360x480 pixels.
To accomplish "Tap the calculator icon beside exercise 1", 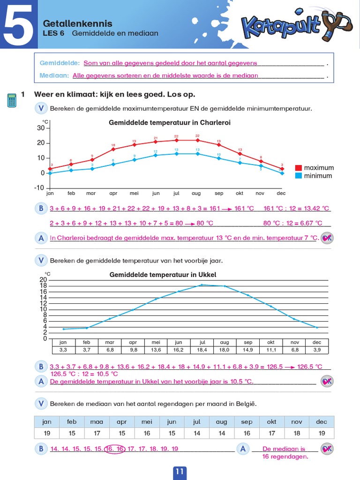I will click(12, 100).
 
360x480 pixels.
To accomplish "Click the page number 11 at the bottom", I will click(180, 472).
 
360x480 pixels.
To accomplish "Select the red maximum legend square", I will click(298, 168).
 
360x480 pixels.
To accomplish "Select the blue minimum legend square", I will click(298, 176).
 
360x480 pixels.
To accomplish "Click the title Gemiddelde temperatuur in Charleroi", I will click(169, 123).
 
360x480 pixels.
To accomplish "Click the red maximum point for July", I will click(176, 140).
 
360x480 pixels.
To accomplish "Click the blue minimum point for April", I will click(113, 164).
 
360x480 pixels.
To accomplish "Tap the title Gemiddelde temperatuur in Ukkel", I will click(163, 275).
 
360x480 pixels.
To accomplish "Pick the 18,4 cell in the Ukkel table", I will click(202, 350).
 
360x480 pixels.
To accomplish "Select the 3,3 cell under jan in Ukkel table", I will click(63, 350).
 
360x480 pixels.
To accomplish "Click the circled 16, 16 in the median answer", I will click(115, 449).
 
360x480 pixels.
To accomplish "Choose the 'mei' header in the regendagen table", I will click(147, 421).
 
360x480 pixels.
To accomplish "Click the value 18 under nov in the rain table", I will click(296, 433).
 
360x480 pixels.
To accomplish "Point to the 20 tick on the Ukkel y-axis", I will click(44, 280).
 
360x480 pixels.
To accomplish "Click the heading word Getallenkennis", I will click(77, 23).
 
